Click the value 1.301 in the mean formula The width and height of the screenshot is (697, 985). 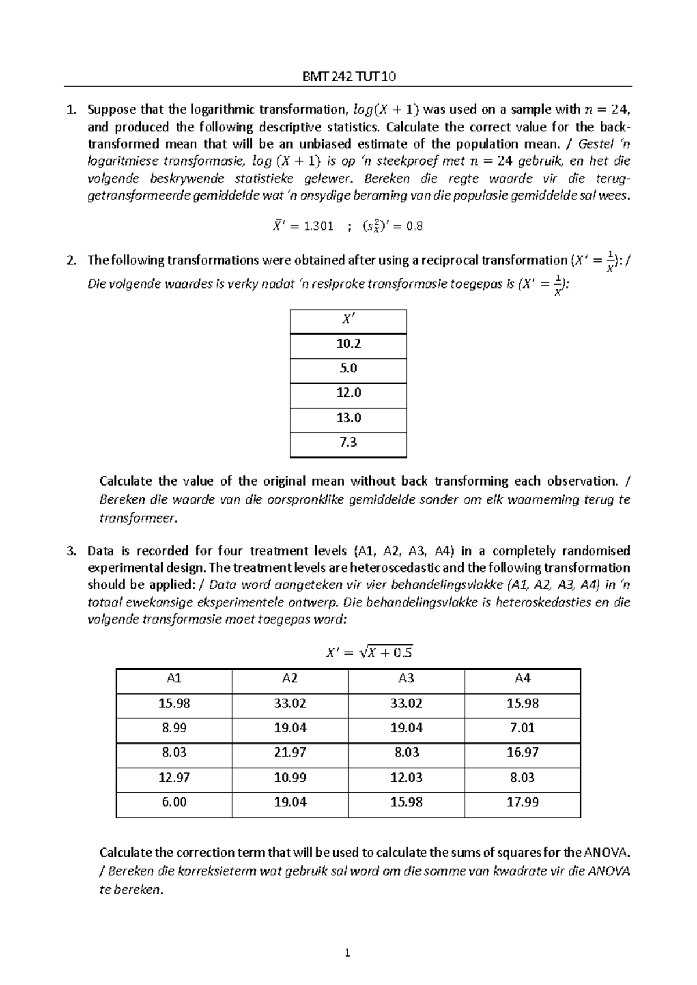pyautogui.click(x=319, y=227)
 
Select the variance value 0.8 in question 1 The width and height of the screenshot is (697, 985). pyautogui.click(x=414, y=227)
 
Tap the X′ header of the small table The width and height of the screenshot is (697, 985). pyautogui.click(x=348, y=319)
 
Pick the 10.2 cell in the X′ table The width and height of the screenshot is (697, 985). pyautogui.click(x=348, y=344)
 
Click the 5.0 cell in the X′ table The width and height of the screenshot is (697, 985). pyautogui.click(x=348, y=368)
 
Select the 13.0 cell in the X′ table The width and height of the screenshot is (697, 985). pyautogui.click(x=348, y=418)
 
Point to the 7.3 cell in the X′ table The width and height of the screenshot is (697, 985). pyautogui.click(x=348, y=443)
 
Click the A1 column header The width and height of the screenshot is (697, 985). pyautogui.click(x=174, y=678)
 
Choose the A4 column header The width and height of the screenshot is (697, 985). pyautogui.click(x=522, y=678)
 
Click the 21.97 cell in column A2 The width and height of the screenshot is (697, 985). pyautogui.click(x=290, y=753)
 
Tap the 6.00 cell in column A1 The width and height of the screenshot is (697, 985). pyautogui.click(x=174, y=802)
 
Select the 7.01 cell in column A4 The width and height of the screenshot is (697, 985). pyautogui.click(x=522, y=728)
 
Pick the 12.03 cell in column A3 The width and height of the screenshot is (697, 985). pyautogui.click(x=406, y=778)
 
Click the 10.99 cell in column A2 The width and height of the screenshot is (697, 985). pyautogui.click(x=290, y=778)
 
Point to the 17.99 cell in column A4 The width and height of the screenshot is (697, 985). pyautogui.click(x=522, y=802)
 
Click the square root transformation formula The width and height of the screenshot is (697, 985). pyautogui.click(x=369, y=653)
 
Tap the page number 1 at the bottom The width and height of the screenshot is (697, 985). pyautogui.click(x=347, y=953)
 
